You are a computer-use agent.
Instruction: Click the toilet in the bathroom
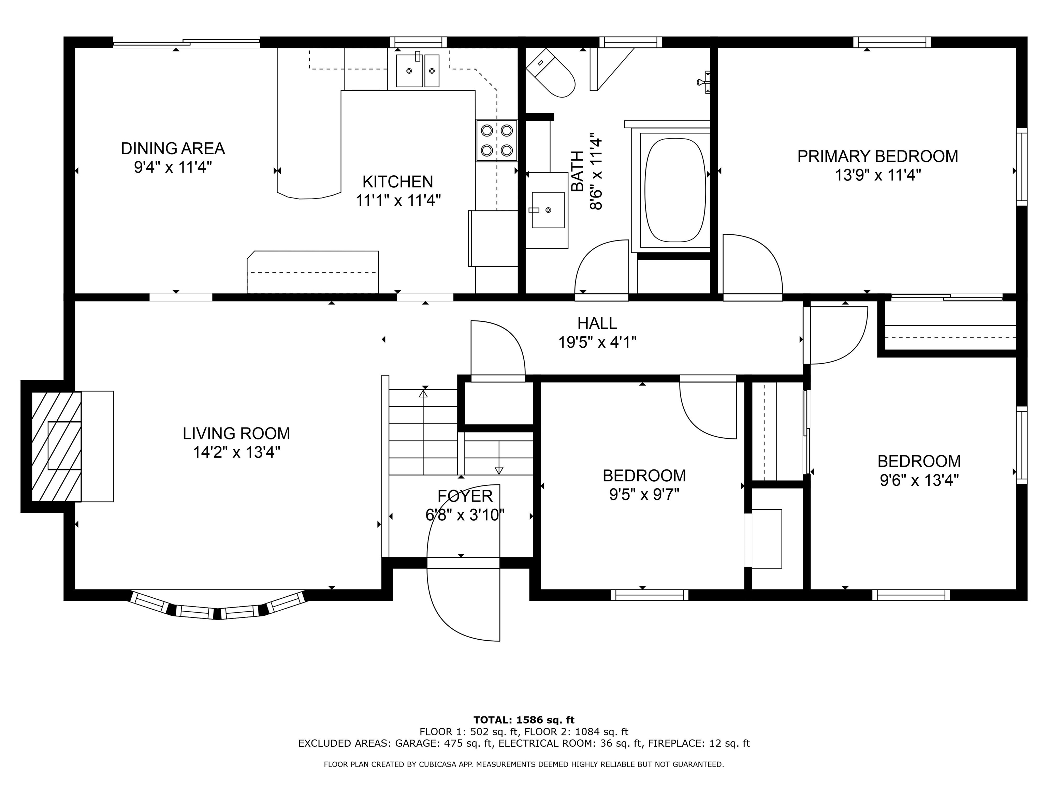coord(551,73)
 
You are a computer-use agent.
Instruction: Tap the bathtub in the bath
coord(675,190)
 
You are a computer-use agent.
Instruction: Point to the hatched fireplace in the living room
coord(56,446)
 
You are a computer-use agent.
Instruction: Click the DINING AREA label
coord(173,148)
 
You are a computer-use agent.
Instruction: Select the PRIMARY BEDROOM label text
coord(877,156)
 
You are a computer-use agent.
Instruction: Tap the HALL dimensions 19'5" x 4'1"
coord(597,342)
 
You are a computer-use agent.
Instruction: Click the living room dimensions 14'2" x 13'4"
coord(236,452)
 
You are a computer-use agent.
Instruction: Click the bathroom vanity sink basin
coord(548,210)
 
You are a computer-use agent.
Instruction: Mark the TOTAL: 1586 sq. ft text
coord(524,720)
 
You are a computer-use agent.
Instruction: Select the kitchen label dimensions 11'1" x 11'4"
coord(398,200)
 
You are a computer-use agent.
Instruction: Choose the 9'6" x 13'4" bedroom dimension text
coord(919,480)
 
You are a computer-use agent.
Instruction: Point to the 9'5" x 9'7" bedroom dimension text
coord(644,495)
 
